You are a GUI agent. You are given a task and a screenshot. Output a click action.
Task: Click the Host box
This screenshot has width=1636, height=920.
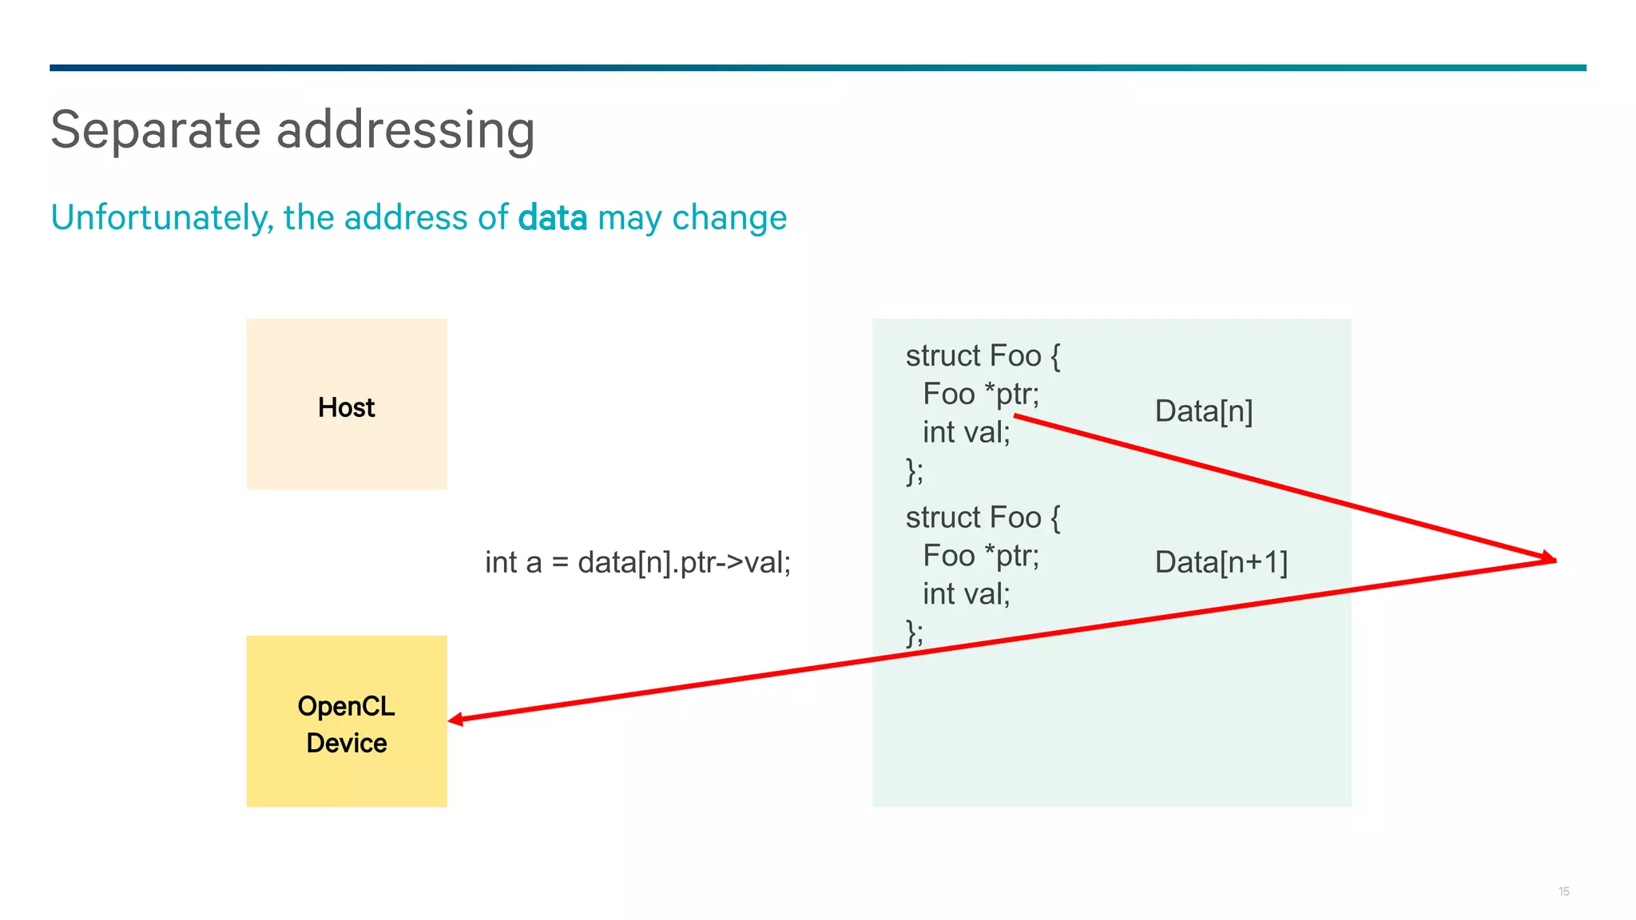point(346,404)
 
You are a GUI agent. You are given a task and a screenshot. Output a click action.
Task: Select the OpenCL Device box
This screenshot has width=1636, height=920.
point(346,721)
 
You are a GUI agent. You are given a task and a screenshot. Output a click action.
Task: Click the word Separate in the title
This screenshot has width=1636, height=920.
point(156,129)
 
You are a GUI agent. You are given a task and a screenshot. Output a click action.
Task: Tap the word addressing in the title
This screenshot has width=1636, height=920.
point(405,129)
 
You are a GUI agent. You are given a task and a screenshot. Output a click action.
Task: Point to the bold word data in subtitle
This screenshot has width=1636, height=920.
point(552,218)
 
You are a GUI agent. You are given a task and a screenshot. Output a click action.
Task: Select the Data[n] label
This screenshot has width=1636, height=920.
point(1203,411)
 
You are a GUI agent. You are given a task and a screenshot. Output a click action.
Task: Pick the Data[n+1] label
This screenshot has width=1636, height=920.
point(1221,562)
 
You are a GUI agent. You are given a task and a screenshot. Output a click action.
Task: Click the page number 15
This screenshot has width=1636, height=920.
point(1563,891)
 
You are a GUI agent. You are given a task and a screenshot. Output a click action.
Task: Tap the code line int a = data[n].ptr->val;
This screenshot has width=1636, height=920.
point(637,562)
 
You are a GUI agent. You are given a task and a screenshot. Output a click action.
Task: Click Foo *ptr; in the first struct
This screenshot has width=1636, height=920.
point(980,394)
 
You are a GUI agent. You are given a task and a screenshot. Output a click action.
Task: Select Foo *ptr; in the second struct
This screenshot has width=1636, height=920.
point(980,556)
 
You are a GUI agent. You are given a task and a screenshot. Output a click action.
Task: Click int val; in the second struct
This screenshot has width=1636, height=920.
point(966,594)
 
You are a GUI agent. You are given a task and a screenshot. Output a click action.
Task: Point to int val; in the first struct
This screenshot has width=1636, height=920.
point(966,432)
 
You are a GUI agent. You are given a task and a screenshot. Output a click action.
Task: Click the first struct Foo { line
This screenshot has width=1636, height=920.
point(983,355)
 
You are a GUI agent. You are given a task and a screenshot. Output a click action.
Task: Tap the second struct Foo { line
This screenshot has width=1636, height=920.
point(983,517)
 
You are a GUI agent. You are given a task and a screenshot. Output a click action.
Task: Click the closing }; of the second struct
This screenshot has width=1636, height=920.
point(915,632)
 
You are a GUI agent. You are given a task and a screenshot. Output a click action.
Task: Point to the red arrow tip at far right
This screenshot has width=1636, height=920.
point(1551,559)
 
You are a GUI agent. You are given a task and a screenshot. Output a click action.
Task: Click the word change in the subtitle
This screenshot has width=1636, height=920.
point(729,218)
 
